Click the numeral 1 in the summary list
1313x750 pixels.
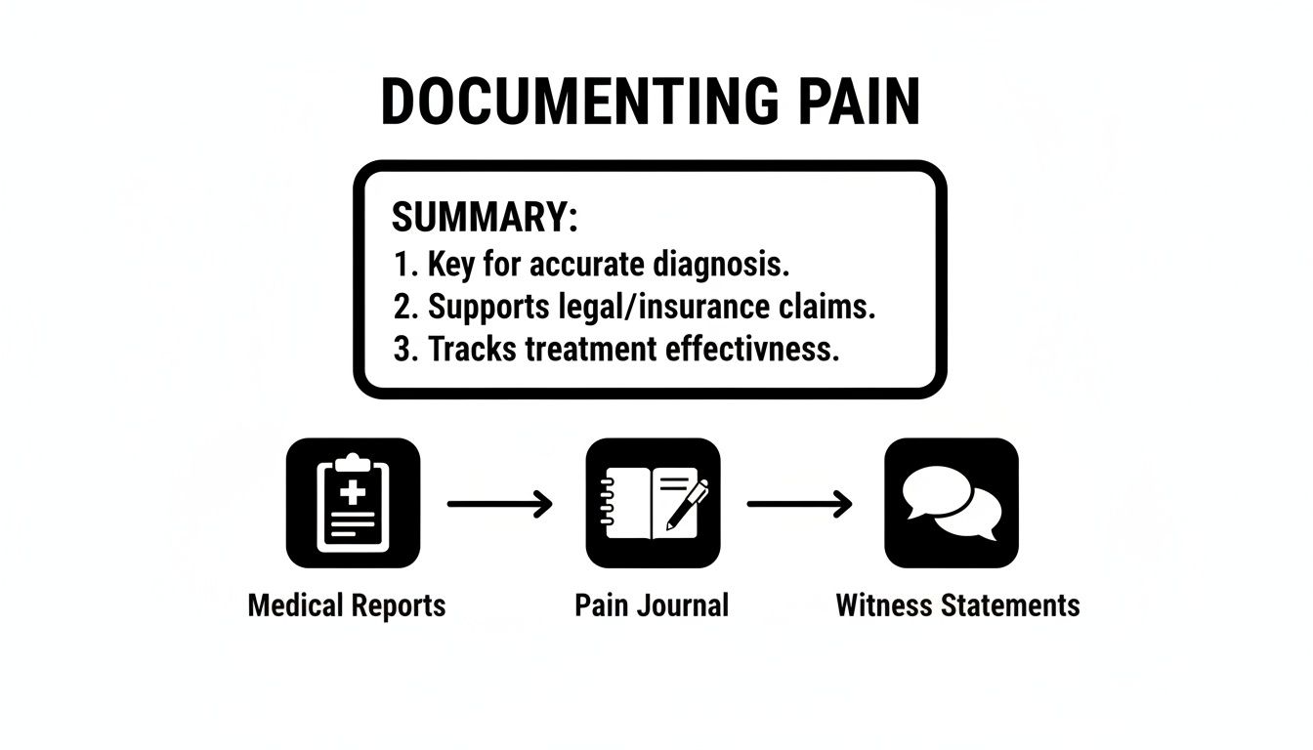[400, 264]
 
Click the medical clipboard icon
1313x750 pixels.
[353, 503]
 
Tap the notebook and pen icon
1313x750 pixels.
[653, 503]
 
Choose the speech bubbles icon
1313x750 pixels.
[952, 503]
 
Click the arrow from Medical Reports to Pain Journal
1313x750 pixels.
[500, 504]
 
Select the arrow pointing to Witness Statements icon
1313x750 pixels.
[799, 504]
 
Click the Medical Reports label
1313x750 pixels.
[347, 605]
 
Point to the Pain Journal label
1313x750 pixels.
[652, 604]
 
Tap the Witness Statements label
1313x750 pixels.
[957, 604]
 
